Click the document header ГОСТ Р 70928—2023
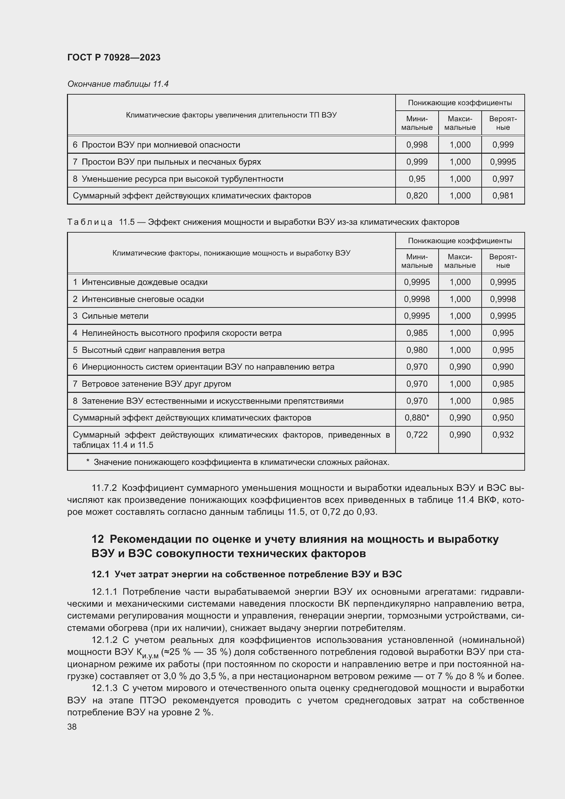click(x=114, y=57)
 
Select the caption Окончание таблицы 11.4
click(x=118, y=84)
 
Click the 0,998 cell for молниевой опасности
click(x=416, y=145)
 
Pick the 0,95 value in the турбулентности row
click(x=416, y=179)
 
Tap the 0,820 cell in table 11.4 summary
click(x=416, y=196)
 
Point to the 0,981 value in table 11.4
click(x=502, y=196)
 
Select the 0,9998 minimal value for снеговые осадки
click(x=416, y=299)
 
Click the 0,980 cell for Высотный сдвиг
click(x=416, y=350)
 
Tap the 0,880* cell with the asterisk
click(x=416, y=417)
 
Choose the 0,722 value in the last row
click(x=416, y=435)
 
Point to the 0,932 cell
click(x=502, y=435)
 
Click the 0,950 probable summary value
click(x=502, y=417)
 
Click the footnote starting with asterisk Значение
click(x=238, y=462)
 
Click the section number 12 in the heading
click(x=98, y=539)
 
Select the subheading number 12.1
click(x=100, y=574)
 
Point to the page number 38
click(x=72, y=727)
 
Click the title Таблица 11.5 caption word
click(x=90, y=222)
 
